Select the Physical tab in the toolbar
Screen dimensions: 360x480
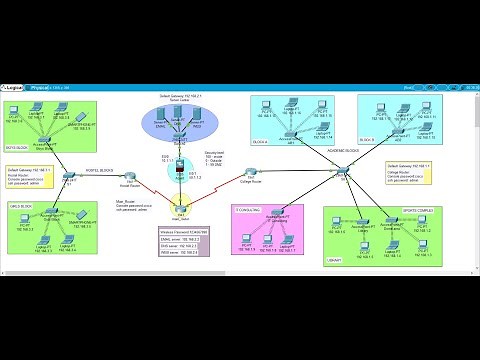point(44,88)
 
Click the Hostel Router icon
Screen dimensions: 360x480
point(129,181)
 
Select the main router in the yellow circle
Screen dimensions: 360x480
point(181,212)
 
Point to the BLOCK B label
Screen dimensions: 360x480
point(367,138)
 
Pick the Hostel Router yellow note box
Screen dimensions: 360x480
point(29,177)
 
